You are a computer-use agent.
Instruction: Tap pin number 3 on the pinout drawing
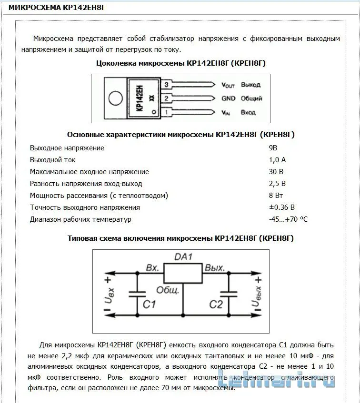[166, 85]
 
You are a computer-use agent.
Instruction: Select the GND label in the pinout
[228, 98]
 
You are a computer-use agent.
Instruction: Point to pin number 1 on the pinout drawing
[166, 112]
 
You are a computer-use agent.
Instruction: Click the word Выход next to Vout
[250, 85]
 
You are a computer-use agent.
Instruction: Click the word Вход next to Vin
[248, 112]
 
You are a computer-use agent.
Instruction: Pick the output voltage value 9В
[273, 148]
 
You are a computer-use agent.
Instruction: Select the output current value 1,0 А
[277, 160]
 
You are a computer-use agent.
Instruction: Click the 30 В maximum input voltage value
[276, 172]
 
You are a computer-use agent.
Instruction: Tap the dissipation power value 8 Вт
[276, 196]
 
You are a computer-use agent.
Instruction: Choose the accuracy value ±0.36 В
[282, 207]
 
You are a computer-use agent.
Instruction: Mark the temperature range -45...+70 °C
[288, 219]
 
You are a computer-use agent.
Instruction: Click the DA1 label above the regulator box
[183, 257]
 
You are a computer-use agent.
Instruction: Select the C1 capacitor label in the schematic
[150, 304]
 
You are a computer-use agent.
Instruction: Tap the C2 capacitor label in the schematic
[216, 304]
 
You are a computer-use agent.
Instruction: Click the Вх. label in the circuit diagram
[152, 268]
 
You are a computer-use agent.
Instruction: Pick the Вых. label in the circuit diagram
[215, 268]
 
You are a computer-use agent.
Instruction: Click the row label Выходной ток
[52, 160]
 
